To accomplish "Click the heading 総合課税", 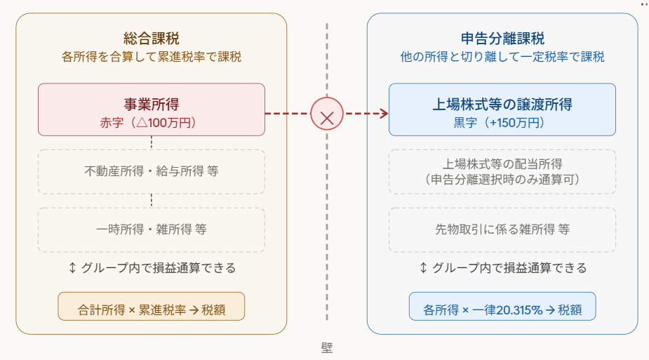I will pos(152,38).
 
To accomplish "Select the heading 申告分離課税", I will pos(502,38).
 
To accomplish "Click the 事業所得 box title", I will pos(152,104).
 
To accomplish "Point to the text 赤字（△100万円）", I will pos(152,122).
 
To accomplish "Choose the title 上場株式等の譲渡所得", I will pos(502,104).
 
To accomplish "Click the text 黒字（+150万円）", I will pos(502,122).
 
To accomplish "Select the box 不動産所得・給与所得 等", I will pos(152,171).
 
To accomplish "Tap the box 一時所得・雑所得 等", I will pos(152,229).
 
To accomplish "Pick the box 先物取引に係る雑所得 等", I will pos(502,229).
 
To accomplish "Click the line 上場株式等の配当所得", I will pos(502,164).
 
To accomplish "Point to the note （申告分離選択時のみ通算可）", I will pos(502,180).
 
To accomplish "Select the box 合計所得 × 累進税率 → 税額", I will pos(152,307).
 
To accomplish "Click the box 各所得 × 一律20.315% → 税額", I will pos(502,307).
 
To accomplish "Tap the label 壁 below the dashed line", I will pos(327,347).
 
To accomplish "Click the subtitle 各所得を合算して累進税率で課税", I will pos(152,57).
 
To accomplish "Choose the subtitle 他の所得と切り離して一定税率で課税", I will pos(502,57).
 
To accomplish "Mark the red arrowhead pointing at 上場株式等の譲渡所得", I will pos(384,113).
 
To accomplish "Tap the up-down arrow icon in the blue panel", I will pos(423,267).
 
